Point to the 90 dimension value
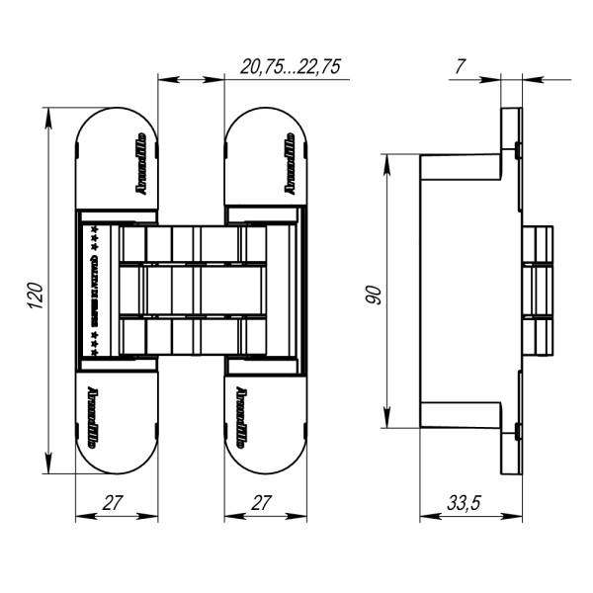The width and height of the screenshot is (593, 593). point(373,293)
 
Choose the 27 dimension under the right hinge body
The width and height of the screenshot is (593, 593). point(260,503)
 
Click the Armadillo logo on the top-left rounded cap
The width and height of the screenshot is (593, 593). point(140,162)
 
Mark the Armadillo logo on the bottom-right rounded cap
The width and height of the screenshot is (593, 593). point(241,416)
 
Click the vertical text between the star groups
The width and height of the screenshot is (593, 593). point(93,289)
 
